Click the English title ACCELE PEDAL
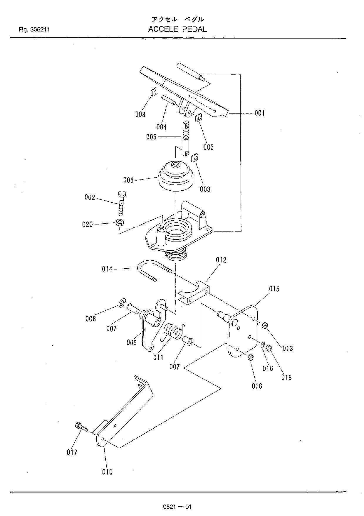tap(177, 29)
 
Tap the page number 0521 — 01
tap(177, 507)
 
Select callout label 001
tap(259, 113)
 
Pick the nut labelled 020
tap(119, 222)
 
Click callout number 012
tap(221, 260)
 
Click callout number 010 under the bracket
tap(107, 472)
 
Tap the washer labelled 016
tap(262, 345)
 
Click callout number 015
tap(274, 289)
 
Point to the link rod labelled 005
tap(186, 138)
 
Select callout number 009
tap(132, 342)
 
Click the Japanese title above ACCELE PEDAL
tap(177, 19)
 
